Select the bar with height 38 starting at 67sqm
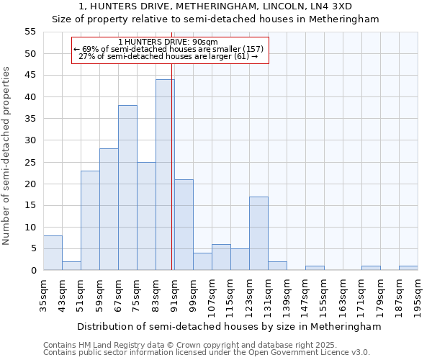pyautogui.click(x=127, y=188)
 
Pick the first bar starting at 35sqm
pyautogui.click(x=53, y=253)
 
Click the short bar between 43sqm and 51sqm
pyautogui.click(x=71, y=266)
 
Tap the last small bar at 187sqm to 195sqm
pyautogui.click(x=408, y=268)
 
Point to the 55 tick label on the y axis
pyautogui.click(x=30, y=32)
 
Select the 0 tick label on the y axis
pyautogui.click(x=32, y=270)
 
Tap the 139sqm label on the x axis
pyautogui.click(x=287, y=294)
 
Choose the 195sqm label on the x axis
pyautogui.click(x=418, y=294)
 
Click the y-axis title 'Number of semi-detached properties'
pyautogui.click(x=6, y=156)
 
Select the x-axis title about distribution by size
pyautogui.click(x=229, y=326)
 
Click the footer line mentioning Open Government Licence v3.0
pyautogui.click(x=207, y=353)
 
